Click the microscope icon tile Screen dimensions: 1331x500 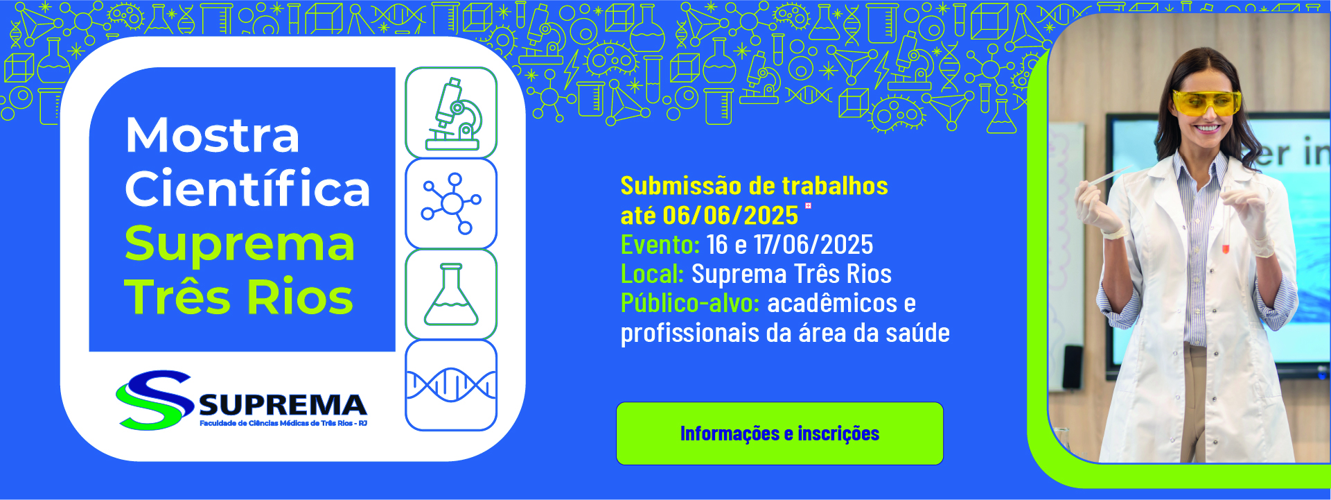(451, 112)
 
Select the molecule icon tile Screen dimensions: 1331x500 (451, 204)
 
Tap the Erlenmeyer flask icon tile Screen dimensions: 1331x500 (451, 295)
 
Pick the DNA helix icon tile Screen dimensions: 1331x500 (451, 386)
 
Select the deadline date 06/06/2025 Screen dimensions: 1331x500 (730, 216)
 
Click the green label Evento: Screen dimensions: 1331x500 (660, 245)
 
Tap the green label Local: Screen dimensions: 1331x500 (653, 274)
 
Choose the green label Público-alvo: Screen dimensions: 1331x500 (690, 304)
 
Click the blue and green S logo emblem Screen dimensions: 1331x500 (155, 400)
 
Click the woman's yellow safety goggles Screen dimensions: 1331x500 (1206, 103)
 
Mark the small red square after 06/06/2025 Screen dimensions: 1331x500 (808, 205)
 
